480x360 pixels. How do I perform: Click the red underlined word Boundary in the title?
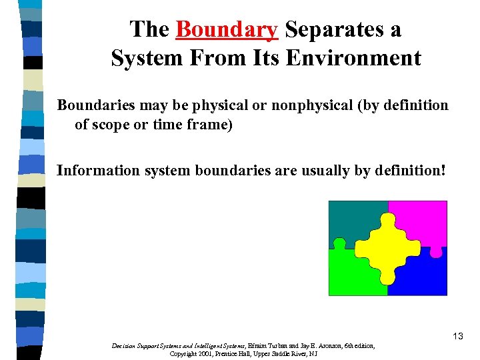pyautogui.click(x=227, y=30)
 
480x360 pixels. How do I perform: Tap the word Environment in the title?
pyautogui.click(x=353, y=58)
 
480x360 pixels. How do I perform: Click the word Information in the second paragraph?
pyautogui.click(x=91, y=171)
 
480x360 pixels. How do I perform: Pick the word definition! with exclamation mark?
pyautogui.click(x=406, y=171)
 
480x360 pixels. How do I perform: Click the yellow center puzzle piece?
pyautogui.click(x=387, y=247)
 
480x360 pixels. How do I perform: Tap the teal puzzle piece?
pyautogui.click(x=349, y=221)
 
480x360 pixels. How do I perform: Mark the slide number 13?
pyautogui.click(x=457, y=337)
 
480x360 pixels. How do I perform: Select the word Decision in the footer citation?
pyautogui.click(x=126, y=346)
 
